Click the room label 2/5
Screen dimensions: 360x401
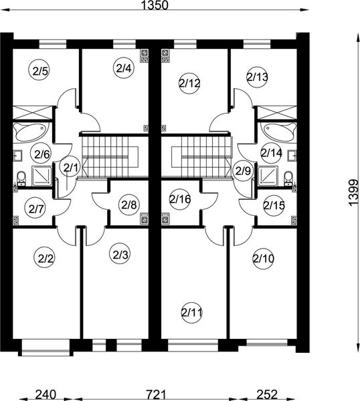(x=41, y=71)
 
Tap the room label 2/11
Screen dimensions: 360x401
(x=192, y=312)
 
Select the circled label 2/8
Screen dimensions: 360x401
(x=129, y=205)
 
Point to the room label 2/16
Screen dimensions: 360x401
(x=180, y=199)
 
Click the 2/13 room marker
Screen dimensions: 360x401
(x=258, y=77)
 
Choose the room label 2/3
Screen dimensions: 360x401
(x=120, y=254)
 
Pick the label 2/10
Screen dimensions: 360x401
(x=264, y=259)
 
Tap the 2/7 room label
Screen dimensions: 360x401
(x=35, y=209)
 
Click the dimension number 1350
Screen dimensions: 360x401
(x=155, y=5)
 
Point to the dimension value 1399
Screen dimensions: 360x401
(x=353, y=192)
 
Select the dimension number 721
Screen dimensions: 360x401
(x=156, y=394)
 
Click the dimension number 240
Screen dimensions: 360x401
(x=46, y=394)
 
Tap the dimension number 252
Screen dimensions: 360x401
(x=267, y=394)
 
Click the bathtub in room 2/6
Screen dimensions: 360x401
(x=30, y=132)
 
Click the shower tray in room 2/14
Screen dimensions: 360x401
(x=268, y=176)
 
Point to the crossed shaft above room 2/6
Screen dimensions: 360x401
(x=32, y=112)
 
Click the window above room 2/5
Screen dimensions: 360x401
(x=53, y=43)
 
